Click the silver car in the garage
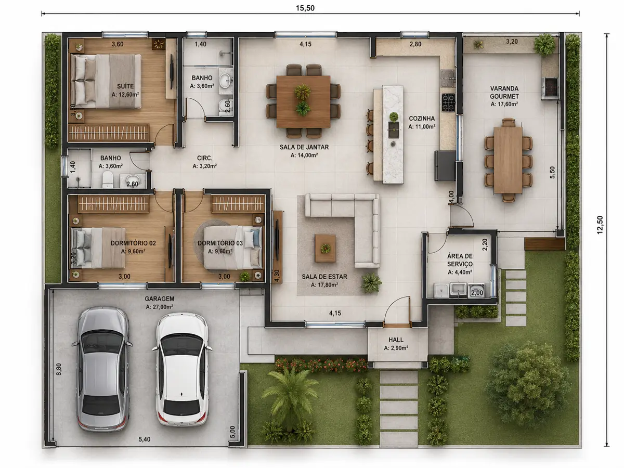click(x=102, y=369)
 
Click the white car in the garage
click(x=181, y=369)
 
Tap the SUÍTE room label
click(x=125, y=86)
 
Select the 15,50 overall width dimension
click(x=305, y=8)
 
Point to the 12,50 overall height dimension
click(x=600, y=225)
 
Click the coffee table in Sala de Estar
click(x=325, y=248)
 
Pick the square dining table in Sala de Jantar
click(x=303, y=101)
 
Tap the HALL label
click(x=396, y=340)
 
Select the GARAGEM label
click(x=160, y=298)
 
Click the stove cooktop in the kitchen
click(x=448, y=102)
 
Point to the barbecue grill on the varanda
click(x=550, y=88)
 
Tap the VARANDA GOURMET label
click(x=504, y=93)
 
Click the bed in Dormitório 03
click(x=233, y=247)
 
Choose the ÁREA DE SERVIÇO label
click(x=460, y=260)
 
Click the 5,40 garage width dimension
click(x=145, y=439)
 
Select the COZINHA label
click(x=422, y=118)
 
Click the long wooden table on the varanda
click(x=508, y=160)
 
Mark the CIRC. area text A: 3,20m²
click(x=205, y=166)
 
